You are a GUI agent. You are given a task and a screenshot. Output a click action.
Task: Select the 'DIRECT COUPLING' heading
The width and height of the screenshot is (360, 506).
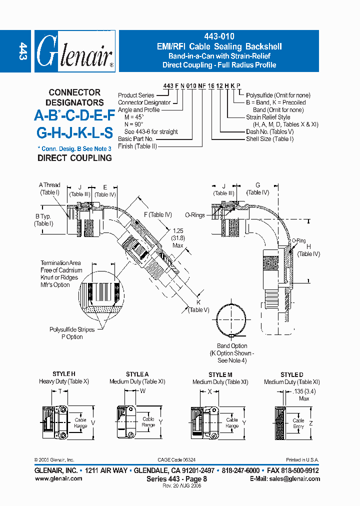click(x=74, y=158)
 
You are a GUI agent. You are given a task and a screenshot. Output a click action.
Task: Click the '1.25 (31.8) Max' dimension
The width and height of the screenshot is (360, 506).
click(x=177, y=238)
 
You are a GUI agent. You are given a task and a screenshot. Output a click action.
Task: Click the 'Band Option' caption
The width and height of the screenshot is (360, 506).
click(x=231, y=346)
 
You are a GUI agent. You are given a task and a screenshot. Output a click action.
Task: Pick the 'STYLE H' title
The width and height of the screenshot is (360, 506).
click(x=63, y=374)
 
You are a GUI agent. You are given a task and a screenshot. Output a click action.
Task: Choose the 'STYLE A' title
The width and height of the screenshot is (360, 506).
click(x=137, y=374)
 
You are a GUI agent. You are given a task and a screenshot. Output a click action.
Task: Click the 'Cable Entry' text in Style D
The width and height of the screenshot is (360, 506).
click(x=298, y=423)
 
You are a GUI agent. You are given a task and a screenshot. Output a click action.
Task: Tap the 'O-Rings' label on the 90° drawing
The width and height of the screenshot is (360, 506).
click(x=194, y=215)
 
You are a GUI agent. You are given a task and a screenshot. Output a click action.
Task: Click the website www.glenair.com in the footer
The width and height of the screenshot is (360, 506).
click(x=58, y=478)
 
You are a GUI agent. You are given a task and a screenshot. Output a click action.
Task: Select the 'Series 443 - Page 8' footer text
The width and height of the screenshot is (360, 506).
click(x=176, y=478)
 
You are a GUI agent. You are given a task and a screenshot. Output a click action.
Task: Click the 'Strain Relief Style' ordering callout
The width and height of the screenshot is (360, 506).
click(x=268, y=117)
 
